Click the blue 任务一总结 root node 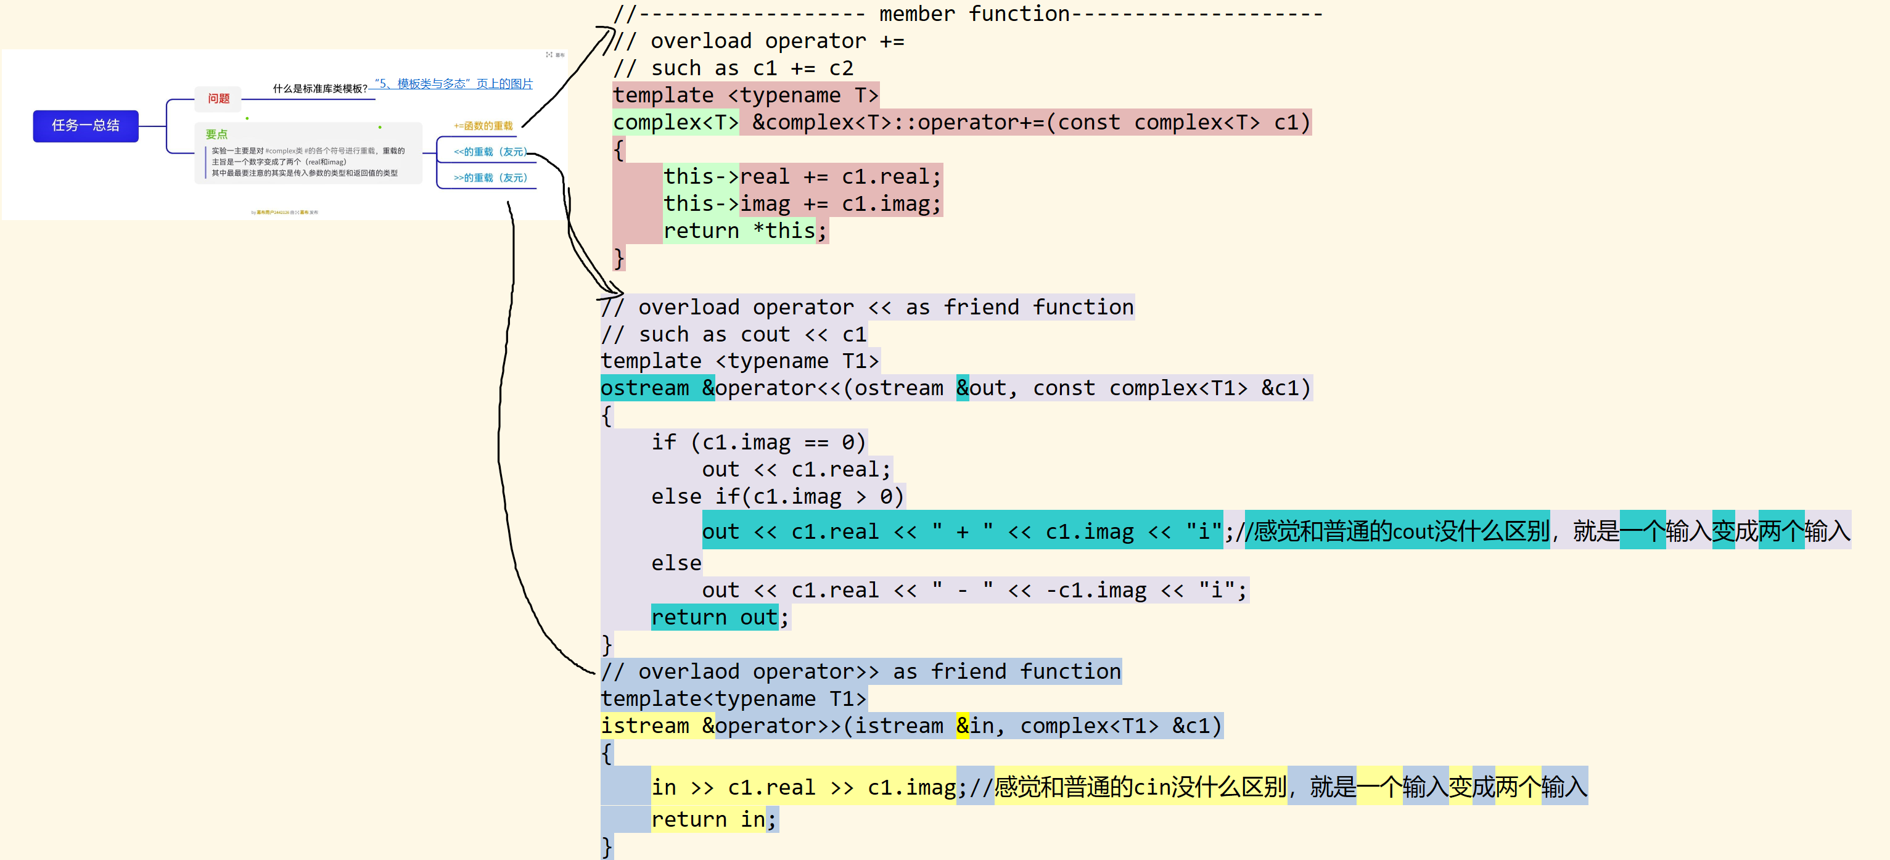(86, 126)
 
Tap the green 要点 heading (216, 134)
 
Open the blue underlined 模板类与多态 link (453, 84)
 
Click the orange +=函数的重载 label (483, 126)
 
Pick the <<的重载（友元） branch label (490, 152)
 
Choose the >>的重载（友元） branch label (490, 178)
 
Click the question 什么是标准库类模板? (320, 89)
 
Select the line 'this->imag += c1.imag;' (801, 204)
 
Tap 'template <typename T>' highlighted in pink (745, 96)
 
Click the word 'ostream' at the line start (645, 388)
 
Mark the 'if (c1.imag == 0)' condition (758, 443)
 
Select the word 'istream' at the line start (645, 726)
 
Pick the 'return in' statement (707, 820)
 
